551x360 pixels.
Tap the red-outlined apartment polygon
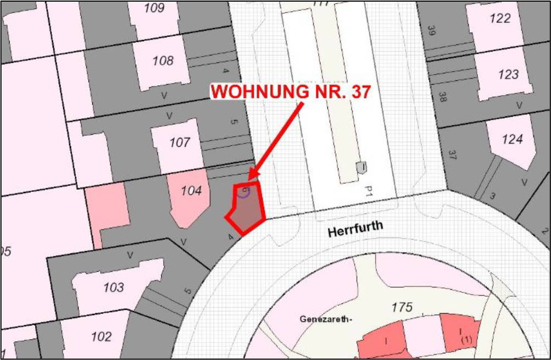click(246, 209)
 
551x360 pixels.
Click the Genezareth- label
click(325, 319)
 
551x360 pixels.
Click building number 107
click(180, 143)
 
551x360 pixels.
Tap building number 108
click(163, 60)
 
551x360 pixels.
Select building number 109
click(154, 8)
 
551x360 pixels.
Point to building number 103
click(113, 287)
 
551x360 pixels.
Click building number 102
click(101, 336)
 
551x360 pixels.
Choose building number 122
click(500, 18)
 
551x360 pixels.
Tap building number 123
click(508, 74)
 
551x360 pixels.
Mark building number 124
click(512, 139)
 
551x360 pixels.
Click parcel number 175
click(402, 307)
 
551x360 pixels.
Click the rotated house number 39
click(431, 31)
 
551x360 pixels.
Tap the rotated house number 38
click(441, 97)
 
